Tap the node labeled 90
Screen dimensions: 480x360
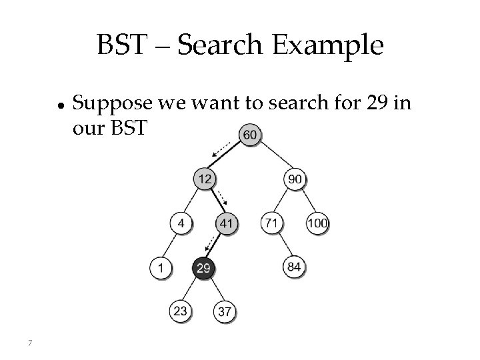click(295, 179)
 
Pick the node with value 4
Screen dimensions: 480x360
click(181, 223)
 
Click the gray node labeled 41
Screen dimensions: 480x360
click(227, 223)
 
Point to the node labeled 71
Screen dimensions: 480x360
click(271, 223)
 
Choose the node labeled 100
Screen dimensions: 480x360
click(317, 223)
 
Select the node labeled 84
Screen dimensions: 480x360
click(295, 267)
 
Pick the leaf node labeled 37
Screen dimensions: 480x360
click(226, 311)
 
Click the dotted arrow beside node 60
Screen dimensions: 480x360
click(221, 150)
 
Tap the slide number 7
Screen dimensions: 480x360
click(31, 343)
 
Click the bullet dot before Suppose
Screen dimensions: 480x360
click(60, 105)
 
